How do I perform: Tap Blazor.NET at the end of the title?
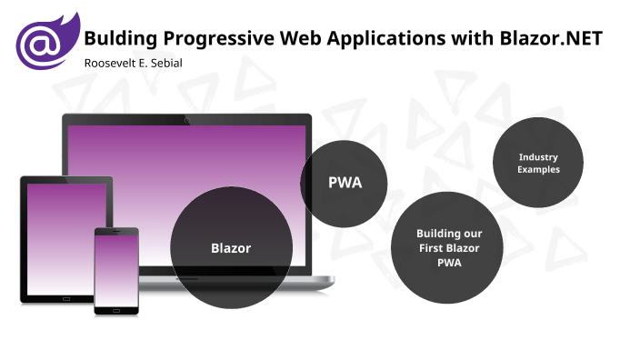[x=551, y=38]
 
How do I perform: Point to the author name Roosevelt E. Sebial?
[x=135, y=62]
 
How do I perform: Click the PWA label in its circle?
[x=345, y=183]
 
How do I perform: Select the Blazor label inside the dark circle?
[x=231, y=247]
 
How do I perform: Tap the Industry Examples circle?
[x=538, y=163]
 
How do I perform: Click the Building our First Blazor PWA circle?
[x=449, y=247]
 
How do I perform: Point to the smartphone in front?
[x=116, y=270]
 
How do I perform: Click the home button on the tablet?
[x=65, y=297]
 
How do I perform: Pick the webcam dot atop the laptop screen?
[x=186, y=119]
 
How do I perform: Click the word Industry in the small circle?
[x=538, y=157]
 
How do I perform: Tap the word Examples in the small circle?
[x=538, y=170]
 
